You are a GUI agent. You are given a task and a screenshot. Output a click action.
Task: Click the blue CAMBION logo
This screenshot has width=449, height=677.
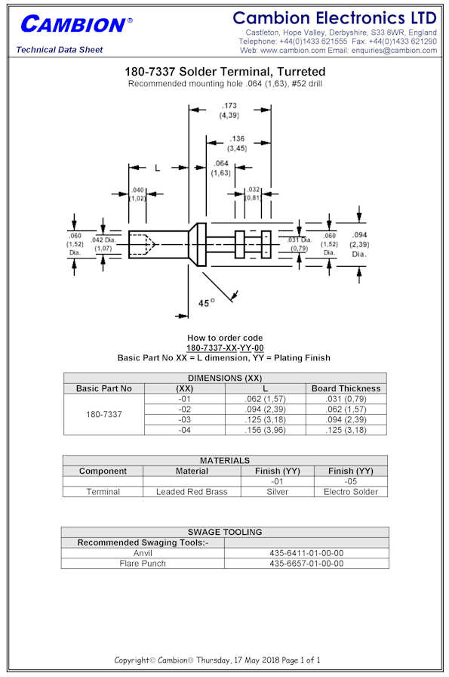pyautogui.click(x=76, y=24)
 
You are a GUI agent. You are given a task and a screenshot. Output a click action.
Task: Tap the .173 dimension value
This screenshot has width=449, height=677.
pyautogui.click(x=229, y=106)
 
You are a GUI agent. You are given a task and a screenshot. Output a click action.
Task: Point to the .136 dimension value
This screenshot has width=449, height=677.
pyautogui.click(x=237, y=138)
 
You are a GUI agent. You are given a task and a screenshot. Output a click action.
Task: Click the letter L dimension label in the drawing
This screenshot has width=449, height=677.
pyautogui.click(x=158, y=168)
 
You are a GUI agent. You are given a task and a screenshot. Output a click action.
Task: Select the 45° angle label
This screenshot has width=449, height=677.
pyautogui.click(x=206, y=303)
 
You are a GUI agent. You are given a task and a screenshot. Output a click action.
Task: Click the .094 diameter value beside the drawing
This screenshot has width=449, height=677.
pyautogui.click(x=359, y=235)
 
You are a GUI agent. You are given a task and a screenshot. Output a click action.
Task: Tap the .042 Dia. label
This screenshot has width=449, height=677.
pyautogui.click(x=103, y=240)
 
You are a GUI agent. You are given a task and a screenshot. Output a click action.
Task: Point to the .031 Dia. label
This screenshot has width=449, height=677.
pyautogui.click(x=300, y=240)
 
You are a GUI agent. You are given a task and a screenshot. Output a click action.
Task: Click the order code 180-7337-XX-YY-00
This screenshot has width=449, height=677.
pyautogui.click(x=225, y=348)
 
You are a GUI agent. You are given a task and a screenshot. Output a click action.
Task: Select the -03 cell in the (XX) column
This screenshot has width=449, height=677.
pyautogui.click(x=185, y=419)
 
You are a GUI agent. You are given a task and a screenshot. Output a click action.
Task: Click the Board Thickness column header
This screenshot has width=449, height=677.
pyautogui.click(x=346, y=388)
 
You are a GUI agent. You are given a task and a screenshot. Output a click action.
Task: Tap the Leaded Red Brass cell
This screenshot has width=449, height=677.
pyautogui.click(x=192, y=492)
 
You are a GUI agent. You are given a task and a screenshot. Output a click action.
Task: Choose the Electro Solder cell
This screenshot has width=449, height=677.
pyautogui.click(x=351, y=492)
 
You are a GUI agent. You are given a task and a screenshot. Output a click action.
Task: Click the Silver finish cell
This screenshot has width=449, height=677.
pyautogui.click(x=278, y=492)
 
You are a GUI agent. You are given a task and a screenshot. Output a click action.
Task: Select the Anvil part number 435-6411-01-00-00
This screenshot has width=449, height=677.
pyautogui.click(x=306, y=553)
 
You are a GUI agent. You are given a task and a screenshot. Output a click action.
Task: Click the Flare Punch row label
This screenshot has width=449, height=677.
pyautogui.click(x=143, y=564)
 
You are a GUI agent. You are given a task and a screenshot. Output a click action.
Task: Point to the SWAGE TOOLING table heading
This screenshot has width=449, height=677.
pyautogui.click(x=225, y=532)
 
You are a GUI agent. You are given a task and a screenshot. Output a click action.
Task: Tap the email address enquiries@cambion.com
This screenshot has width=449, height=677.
pyautogui.click(x=394, y=51)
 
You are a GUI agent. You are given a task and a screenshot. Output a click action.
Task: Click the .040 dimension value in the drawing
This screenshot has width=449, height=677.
pyautogui.click(x=137, y=190)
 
